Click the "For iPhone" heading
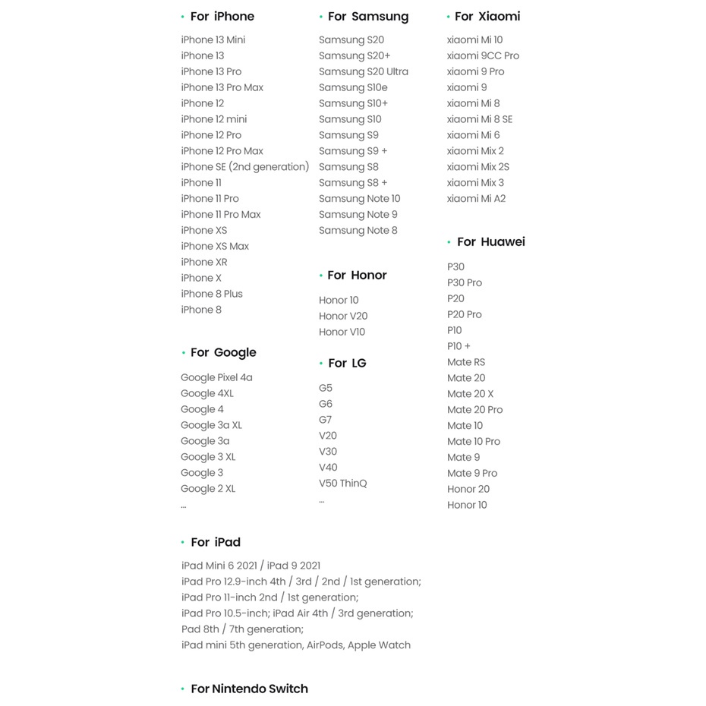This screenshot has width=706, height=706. [x=222, y=17]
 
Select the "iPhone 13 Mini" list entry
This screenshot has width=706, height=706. [x=213, y=40]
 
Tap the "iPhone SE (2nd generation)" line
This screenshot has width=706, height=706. [x=244, y=167]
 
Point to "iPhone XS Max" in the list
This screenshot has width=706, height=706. [x=215, y=246]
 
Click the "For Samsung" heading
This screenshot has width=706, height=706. [x=367, y=17]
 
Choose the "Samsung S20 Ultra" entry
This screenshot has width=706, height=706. [x=363, y=72]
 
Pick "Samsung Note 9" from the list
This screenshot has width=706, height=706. [x=358, y=215]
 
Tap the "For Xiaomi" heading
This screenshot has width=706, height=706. [x=487, y=17]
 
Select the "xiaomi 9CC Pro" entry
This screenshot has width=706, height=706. [x=483, y=56]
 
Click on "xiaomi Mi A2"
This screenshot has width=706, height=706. [x=476, y=199]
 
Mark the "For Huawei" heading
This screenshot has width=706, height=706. [x=490, y=242]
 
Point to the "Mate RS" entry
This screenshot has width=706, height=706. [x=466, y=362]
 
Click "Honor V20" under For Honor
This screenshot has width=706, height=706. [x=343, y=316]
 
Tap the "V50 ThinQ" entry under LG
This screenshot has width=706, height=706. [x=342, y=484]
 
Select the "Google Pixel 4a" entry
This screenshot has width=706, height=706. [x=216, y=377]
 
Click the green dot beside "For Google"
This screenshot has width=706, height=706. [x=183, y=353]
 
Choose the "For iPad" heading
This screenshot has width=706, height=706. [x=215, y=543]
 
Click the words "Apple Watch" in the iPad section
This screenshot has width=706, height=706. [x=379, y=645]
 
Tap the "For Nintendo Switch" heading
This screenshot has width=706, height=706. [x=249, y=689]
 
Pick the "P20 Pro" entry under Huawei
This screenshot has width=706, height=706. [x=464, y=314]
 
